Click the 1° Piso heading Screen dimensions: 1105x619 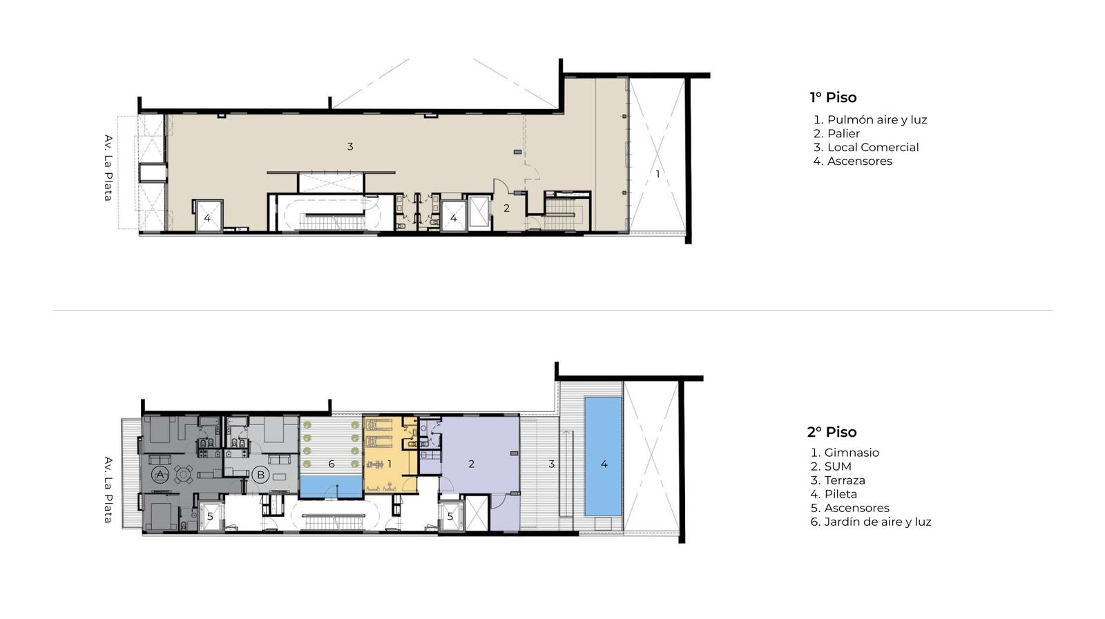pyautogui.click(x=833, y=97)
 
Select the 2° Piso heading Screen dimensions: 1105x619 pyautogui.click(x=832, y=432)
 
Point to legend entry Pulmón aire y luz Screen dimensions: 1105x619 pyautogui.click(x=870, y=120)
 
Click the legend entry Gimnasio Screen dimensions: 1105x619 pyautogui.click(x=845, y=453)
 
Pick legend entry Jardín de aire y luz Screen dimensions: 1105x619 pyautogui.click(x=871, y=522)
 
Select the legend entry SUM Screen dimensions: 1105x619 pyautogui.click(x=832, y=466)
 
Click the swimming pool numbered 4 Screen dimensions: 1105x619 pyautogui.click(x=603, y=456)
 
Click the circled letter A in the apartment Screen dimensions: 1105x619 pyautogui.click(x=160, y=475)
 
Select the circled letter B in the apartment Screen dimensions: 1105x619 pyautogui.click(x=260, y=475)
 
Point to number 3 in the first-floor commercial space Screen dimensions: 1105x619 pyautogui.click(x=349, y=146)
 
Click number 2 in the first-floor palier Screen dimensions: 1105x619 pyautogui.click(x=507, y=208)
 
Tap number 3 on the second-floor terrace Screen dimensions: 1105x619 pyautogui.click(x=552, y=464)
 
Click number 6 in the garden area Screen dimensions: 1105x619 pyautogui.click(x=331, y=464)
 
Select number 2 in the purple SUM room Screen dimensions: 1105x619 pyautogui.click(x=472, y=464)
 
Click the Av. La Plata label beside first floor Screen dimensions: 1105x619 pyautogui.click(x=108, y=168)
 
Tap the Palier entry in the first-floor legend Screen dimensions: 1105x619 pyautogui.click(x=836, y=134)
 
